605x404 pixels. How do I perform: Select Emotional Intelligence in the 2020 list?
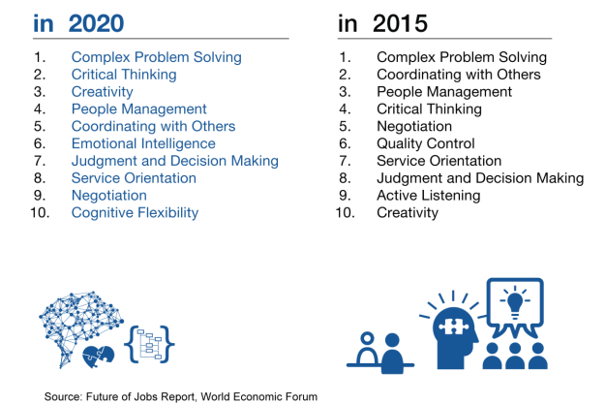pyautogui.click(x=143, y=143)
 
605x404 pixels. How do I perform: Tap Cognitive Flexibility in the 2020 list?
pyautogui.click(x=135, y=212)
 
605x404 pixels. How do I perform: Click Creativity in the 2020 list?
pyautogui.click(x=102, y=91)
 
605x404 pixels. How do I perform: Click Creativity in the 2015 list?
pyautogui.click(x=407, y=212)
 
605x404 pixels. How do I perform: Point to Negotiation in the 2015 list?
pyautogui.click(x=414, y=126)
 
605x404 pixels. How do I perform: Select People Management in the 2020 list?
pyautogui.click(x=138, y=109)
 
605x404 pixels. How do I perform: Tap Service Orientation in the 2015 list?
pyautogui.click(x=439, y=161)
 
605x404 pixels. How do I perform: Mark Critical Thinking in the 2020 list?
pyautogui.click(x=124, y=75)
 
